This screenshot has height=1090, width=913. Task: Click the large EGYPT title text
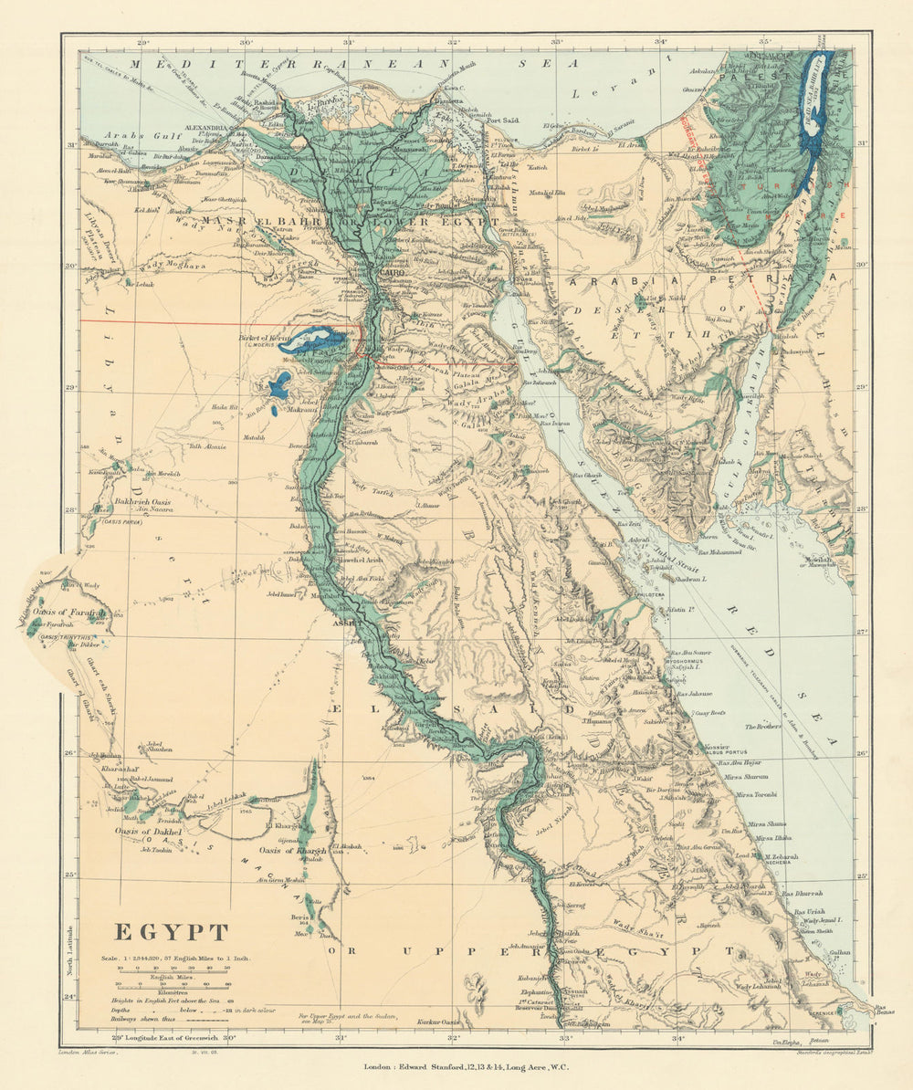(171, 932)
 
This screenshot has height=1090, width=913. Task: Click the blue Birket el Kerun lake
(312, 342)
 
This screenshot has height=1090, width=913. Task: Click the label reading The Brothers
(762, 727)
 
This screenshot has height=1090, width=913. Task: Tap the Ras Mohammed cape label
(726, 552)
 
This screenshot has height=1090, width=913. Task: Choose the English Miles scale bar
(173, 970)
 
